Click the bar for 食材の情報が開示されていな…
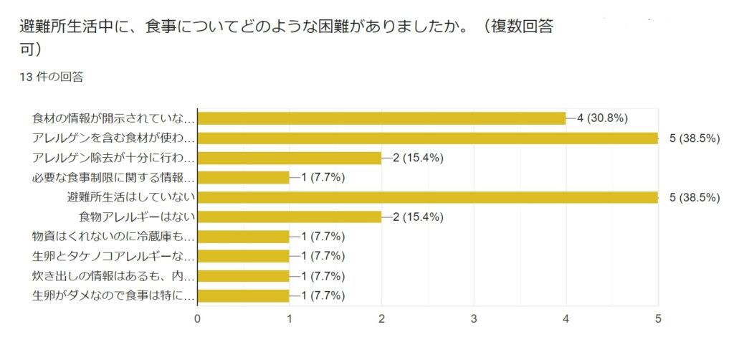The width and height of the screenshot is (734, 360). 381,118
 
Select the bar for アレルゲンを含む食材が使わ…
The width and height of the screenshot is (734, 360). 427,138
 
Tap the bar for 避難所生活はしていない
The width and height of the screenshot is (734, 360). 427,197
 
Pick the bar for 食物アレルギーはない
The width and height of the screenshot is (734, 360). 289,217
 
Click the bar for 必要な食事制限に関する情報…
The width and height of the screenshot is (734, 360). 243,177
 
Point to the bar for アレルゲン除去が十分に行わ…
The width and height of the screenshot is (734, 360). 289,158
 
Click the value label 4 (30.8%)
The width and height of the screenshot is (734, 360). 603,118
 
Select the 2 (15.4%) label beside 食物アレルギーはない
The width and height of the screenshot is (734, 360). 418,217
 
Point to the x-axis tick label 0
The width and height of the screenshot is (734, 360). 197,318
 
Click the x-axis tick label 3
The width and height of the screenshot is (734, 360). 474,318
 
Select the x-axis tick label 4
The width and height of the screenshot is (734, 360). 566,318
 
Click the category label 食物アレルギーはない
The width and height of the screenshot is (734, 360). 136,217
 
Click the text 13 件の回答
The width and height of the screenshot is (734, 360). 52,77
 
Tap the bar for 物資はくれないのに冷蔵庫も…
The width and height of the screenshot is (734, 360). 243,237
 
